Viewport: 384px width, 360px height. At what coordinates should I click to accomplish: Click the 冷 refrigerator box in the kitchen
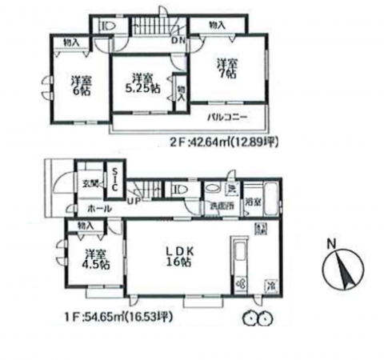[271, 286]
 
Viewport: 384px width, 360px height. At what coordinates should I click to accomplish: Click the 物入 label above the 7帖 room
[217, 26]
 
